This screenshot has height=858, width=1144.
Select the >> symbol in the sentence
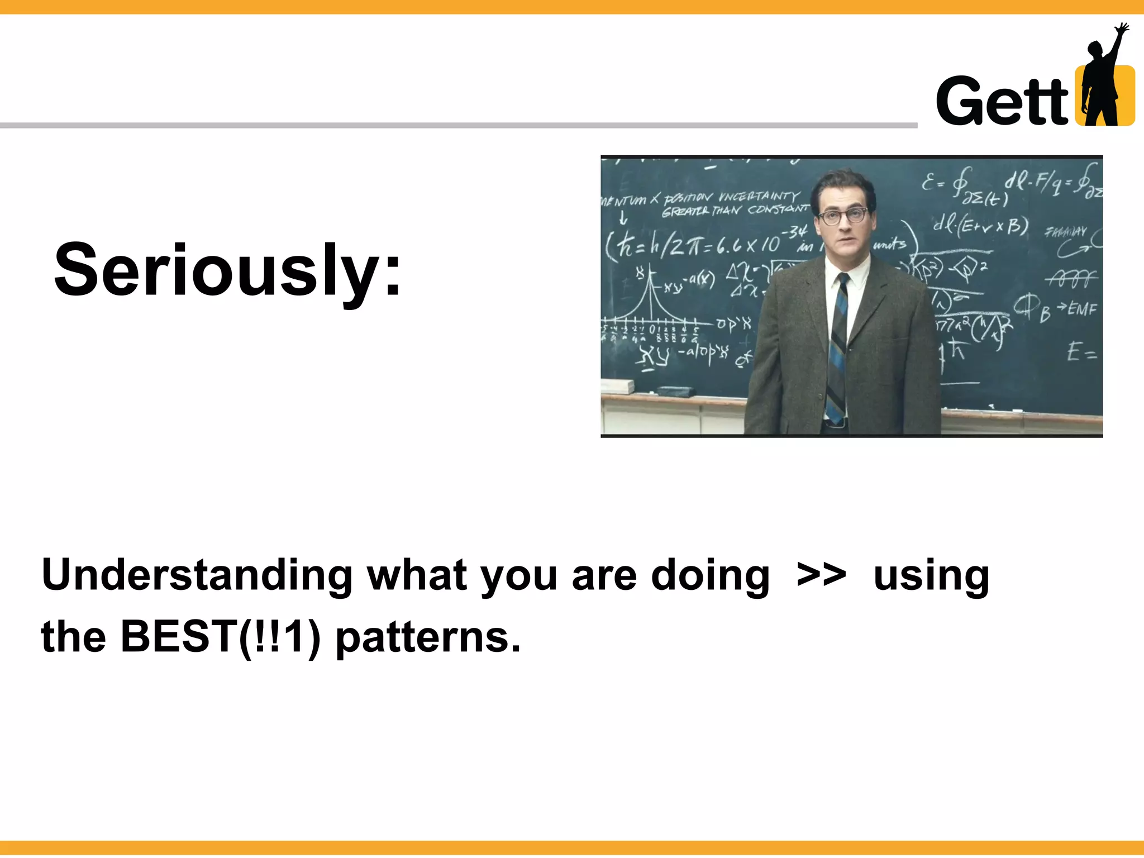821,575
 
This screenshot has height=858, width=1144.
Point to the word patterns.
427,638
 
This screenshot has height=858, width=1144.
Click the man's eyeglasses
844,216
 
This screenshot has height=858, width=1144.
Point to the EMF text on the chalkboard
1082,308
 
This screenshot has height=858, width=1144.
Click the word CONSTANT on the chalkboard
778,209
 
